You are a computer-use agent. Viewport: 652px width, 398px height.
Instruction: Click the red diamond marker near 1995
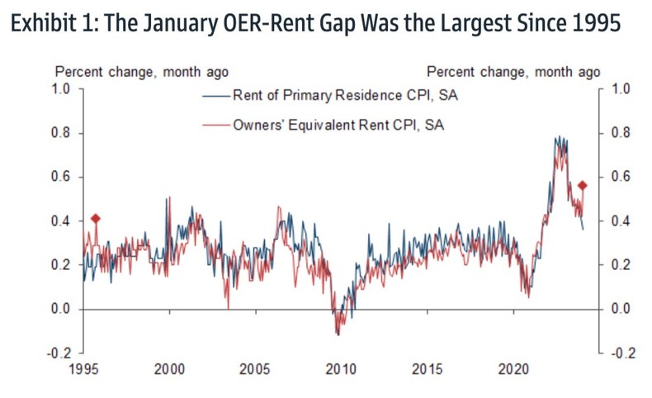pyautogui.click(x=96, y=219)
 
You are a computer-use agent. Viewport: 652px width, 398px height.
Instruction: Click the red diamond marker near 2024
pyautogui.click(x=582, y=186)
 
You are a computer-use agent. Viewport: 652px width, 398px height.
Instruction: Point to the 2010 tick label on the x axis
pyautogui.click(x=341, y=369)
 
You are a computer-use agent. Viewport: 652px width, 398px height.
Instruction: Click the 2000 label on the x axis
pyautogui.click(x=169, y=369)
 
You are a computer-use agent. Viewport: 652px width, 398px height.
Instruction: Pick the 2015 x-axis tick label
pyautogui.click(x=428, y=369)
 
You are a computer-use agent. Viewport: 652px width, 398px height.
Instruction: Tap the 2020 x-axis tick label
pyautogui.click(x=513, y=369)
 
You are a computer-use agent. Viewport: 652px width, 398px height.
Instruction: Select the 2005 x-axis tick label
pyautogui.click(x=255, y=369)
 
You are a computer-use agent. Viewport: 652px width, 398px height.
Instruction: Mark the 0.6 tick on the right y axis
pyautogui.click(x=620, y=178)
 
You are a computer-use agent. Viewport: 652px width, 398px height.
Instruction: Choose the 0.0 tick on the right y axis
pyautogui.click(x=620, y=310)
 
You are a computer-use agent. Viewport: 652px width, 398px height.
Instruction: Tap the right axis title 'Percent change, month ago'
pyautogui.click(x=513, y=73)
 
